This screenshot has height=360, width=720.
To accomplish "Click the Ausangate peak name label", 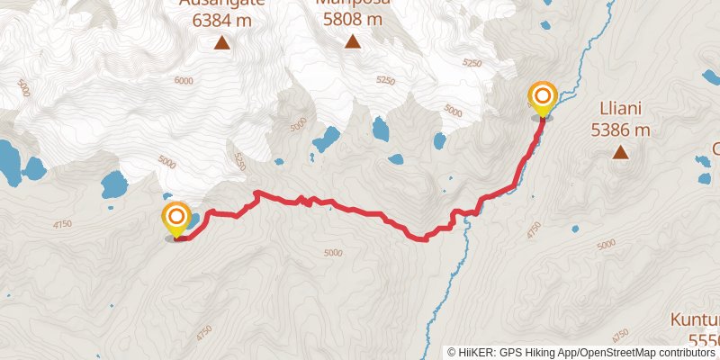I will click(x=221, y=3).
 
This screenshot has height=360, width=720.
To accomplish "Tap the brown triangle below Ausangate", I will click(x=221, y=41).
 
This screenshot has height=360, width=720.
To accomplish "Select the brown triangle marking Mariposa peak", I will click(x=353, y=41).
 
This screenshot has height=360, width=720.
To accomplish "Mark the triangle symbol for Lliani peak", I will click(x=620, y=152).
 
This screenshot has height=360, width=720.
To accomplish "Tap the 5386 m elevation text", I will click(x=620, y=130).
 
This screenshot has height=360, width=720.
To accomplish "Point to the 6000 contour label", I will click(x=184, y=80).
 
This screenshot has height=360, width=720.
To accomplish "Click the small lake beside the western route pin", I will click(x=193, y=219).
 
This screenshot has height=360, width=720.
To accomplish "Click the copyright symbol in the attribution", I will click(x=453, y=352).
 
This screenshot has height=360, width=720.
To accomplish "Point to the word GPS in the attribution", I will click(x=508, y=352).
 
